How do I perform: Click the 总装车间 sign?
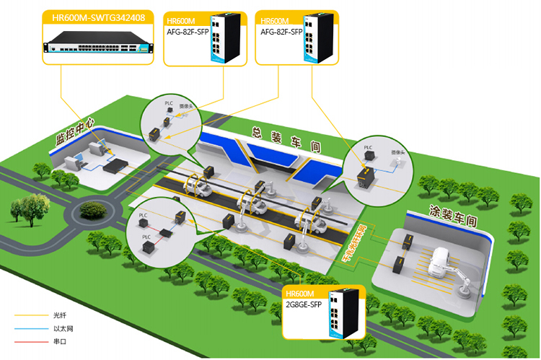coord(284,139)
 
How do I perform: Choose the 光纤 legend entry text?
coord(59,315)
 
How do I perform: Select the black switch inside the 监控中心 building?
coord(115,167)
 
